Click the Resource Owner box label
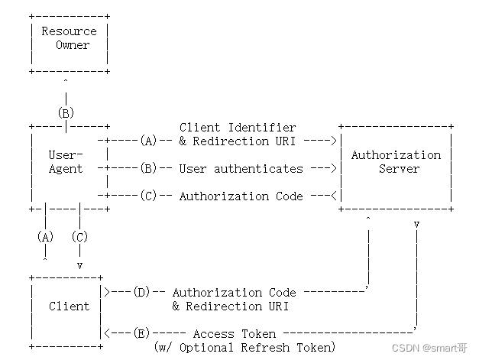click(69, 38)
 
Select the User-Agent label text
click(66, 162)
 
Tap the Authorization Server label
click(396, 162)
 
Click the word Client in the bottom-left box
click(69, 306)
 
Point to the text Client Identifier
click(238, 128)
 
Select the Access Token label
click(234, 334)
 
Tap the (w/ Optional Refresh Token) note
click(244, 348)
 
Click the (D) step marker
click(141, 293)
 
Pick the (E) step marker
click(141, 334)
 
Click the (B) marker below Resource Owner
click(66, 113)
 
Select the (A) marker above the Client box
click(45, 237)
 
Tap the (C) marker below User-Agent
click(79, 237)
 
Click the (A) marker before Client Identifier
click(148, 141)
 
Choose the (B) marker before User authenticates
click(148, 169)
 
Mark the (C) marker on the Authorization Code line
click(148, 196)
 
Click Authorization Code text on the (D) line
click(234, 293)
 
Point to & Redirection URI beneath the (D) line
click(231, 306)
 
